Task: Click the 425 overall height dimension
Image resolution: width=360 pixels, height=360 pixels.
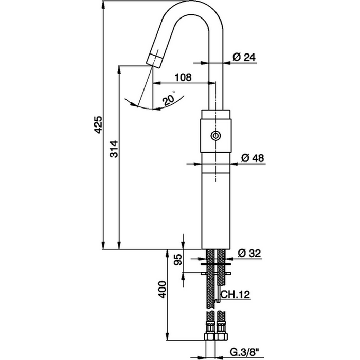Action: click(99, 125)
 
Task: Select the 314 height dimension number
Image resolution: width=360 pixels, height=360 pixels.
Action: click(114, 149)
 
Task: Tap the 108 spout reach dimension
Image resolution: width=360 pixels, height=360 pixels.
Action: click(183, 77)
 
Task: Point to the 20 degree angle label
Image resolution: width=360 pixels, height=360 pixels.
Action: click(169, 100)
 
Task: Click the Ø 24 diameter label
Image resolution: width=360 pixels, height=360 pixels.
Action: click(244, 57)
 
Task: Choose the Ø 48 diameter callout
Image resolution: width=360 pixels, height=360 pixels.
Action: click(253, 158)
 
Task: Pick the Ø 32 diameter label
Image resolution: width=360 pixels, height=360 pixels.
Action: click(249, 253)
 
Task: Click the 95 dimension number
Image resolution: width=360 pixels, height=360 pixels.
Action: click(178, 260)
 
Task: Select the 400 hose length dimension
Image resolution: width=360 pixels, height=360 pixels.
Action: click(163, 289)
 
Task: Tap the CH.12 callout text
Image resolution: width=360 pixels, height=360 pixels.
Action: click(235, 294)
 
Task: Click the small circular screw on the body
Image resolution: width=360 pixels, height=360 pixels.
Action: click(215, 136)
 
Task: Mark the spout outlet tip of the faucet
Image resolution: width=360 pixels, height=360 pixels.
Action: click(153, 62)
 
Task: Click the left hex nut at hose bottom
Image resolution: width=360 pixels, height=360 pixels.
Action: click(210, 336)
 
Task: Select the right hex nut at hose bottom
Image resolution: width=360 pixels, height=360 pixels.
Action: click(221, 336)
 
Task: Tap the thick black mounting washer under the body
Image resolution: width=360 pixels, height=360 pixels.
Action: click(215, 264)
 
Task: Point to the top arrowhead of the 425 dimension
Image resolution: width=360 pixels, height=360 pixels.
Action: click(103, 5)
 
